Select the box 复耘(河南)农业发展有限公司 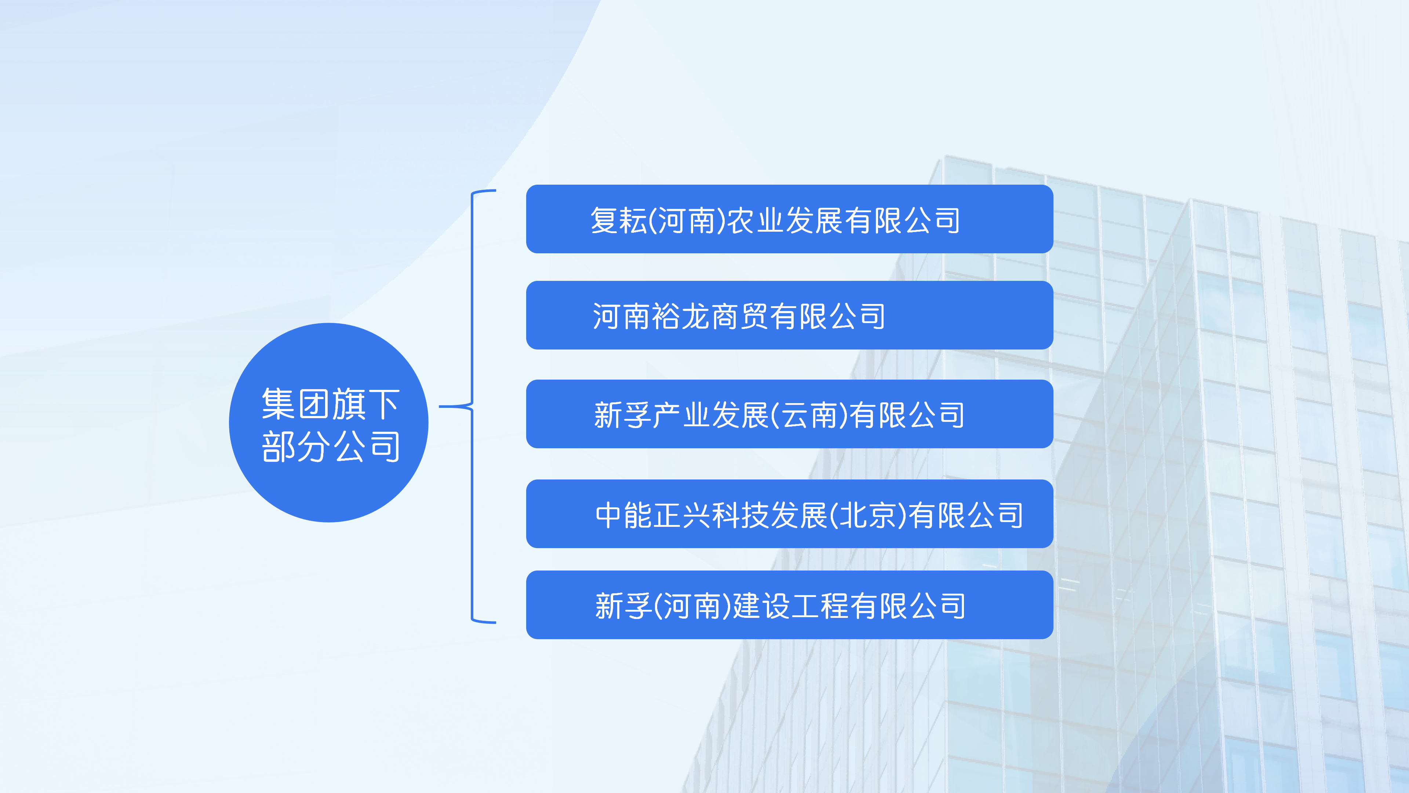(x=789, y=219)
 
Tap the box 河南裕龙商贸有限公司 (x=789, y=315)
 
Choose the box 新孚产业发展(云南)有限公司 (x=789, y=414)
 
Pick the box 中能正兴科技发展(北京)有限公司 (x=789, y=514)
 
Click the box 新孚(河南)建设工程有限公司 (x=789, y=605)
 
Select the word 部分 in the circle (x=296, y=446)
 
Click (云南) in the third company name (x=809, y=415)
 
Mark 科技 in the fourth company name (x=740, y=515)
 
